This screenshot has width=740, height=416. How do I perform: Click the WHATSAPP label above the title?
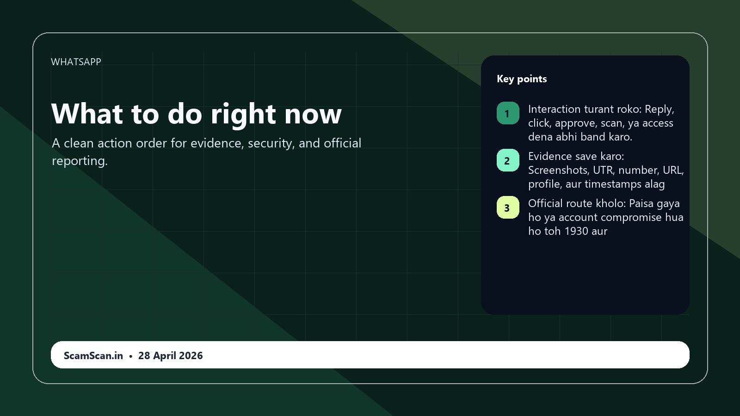point(76,62)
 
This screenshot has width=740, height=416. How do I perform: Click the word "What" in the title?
point(87,114)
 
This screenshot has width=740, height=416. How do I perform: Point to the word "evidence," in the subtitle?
point(217,143)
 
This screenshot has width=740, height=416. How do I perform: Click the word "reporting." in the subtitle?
point(80,161)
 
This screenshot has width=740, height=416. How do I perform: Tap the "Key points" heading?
point(522,79)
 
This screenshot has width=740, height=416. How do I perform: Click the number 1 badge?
point(508,113)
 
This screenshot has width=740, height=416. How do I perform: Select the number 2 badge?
point(508,160)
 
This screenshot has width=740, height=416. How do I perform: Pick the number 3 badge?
point(508,208)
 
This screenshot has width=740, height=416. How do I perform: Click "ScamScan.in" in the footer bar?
point(93,355)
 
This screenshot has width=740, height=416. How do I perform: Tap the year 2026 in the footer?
point(191,355)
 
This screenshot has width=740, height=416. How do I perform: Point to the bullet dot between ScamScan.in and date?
point(131,356)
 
